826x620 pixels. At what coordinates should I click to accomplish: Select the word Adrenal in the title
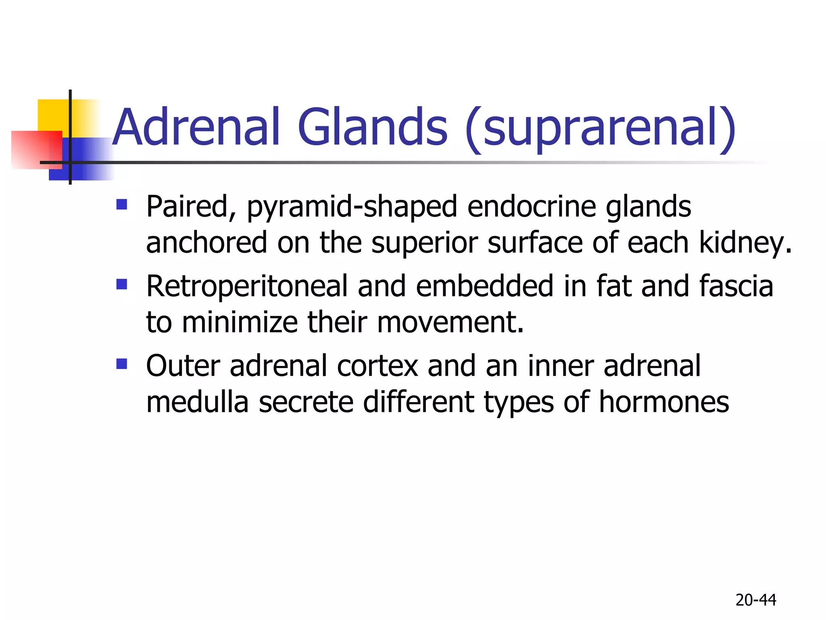tap(196, 127)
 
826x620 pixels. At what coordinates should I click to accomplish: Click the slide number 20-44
tap(755, 600)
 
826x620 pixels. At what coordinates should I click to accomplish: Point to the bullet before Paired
tap(121, 204)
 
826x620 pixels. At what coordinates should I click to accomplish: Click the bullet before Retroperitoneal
tap(121, 285)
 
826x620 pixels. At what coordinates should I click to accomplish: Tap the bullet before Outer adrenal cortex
tap(121, 364)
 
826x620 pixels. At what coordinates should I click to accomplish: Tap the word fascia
tap(736, 286)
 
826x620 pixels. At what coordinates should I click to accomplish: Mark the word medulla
tap(197, 402)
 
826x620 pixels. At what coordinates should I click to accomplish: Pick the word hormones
tap(664, 402)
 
